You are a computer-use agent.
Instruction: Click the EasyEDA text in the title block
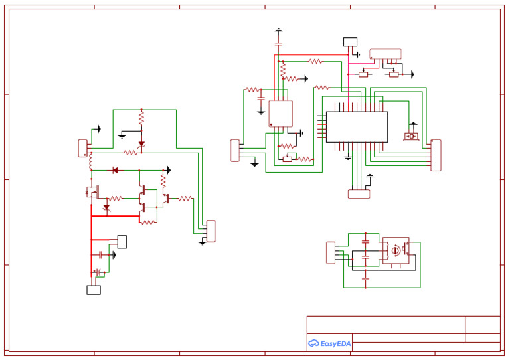pos(335,343)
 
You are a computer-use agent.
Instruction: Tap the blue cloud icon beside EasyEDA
pos(313,343)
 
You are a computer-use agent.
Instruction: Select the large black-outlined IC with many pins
pos(357,126)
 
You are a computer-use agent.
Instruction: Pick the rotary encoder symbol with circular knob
pos(396,250)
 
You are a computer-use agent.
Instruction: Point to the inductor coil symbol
pos(90,162)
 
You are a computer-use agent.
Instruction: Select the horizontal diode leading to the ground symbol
pos(115,170)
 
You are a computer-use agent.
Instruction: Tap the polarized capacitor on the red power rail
pos(99,272)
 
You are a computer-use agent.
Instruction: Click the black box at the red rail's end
pos(94,290)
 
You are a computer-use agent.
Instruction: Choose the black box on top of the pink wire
pos(350,42)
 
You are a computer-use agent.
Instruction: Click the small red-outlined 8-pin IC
pos(280,114)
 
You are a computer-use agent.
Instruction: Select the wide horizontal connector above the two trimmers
pos(385,53)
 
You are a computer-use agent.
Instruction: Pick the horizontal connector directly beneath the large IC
pos(359,194)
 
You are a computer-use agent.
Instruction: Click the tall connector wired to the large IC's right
pos(436,155)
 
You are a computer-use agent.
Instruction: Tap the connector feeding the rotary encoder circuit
pos(331,252)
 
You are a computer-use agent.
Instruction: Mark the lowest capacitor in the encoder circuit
pos(365,279)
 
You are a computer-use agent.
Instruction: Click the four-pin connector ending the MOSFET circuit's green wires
pos(211,231)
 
